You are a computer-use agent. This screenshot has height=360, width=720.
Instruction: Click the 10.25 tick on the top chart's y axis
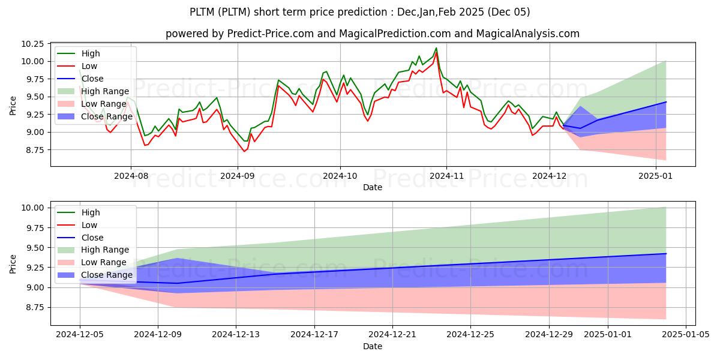pyautogui.click(x=32, y=44)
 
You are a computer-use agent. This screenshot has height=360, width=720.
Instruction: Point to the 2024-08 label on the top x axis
pyautogui.click(x=131, y=176)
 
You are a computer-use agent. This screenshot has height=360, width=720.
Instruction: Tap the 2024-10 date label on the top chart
pyautogui.click(x=340, y=176)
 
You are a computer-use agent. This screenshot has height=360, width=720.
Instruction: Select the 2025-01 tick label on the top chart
pyautogui.click(x=655, y=176)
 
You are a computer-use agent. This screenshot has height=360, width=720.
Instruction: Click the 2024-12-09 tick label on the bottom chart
pyautogui.click(x=158, y=335)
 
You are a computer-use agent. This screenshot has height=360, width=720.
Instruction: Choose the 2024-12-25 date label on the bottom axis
pyautogui.click(x=470, y=335)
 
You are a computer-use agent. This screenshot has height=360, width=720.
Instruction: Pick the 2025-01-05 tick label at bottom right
pyautogui.click(x=686, y=335)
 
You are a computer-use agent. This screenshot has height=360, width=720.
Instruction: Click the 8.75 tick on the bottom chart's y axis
pyautogui.click(x=35, y=308)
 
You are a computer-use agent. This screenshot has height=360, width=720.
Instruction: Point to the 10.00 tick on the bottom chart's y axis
pyautogui.click(x=32, y=208)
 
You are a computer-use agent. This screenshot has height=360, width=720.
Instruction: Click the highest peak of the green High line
pyautogui.click(x=436, y=48)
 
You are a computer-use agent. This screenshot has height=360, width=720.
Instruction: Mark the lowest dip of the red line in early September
pyautogui.click(x=244, y=151)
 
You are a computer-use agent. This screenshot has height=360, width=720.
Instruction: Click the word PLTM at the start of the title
pyautogui.click(x=202, y=12)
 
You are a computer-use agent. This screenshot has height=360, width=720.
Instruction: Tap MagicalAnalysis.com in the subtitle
pyautogui.click(x=528, y=34)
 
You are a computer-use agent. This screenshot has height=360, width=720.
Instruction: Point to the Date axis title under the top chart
pyautogui.click(x=373, y=187)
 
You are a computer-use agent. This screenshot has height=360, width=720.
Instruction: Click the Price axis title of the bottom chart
pyautogui.click(x=13, y=264)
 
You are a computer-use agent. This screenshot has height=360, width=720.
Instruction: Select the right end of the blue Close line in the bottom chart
pyautogui.click(x=666, y=254)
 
